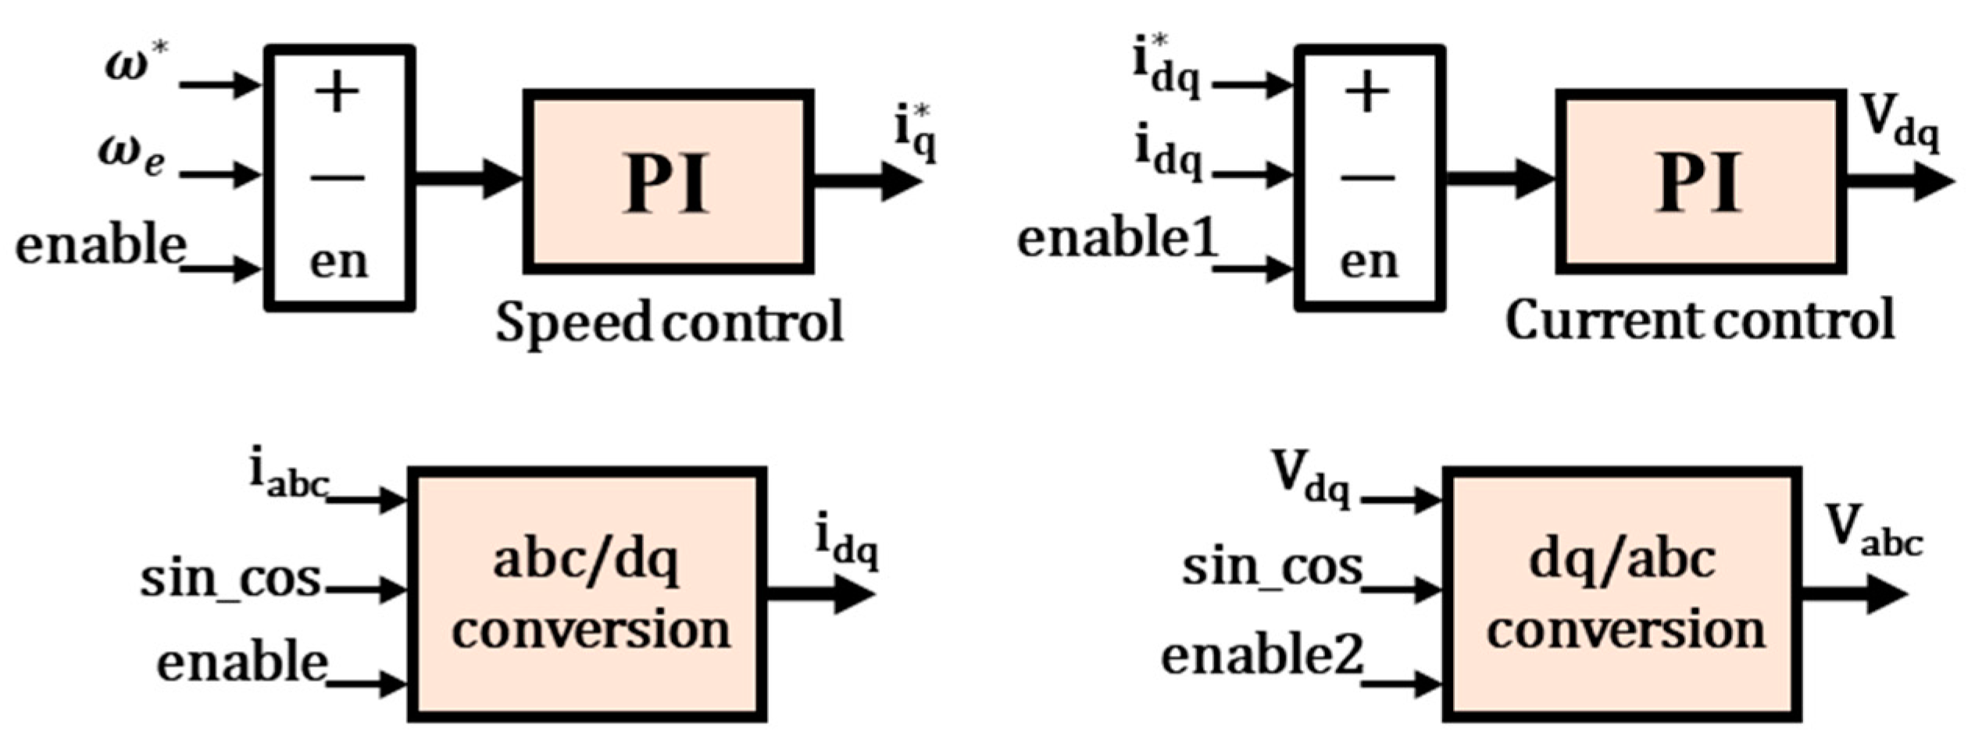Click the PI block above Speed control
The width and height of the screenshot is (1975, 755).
tap(668, 182)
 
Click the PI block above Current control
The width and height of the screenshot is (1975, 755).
tap(1700, 182)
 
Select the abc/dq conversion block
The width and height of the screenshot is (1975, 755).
tap(587, 594)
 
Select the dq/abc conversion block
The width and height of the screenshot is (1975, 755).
tap(1622, 594)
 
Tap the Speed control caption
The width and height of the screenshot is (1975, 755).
tap(670, 322)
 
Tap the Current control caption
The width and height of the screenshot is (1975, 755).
tap(1700, 320)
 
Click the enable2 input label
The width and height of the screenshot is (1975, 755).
tap(1262, 654)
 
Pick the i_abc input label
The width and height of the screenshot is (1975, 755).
tap(287, 474)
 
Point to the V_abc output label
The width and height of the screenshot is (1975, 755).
tap(1872, 532)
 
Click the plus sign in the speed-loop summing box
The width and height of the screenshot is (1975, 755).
tap(337, 93)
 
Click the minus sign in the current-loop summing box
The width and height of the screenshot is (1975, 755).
tap(1367, 179)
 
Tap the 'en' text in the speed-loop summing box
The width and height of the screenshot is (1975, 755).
tap(338, 261)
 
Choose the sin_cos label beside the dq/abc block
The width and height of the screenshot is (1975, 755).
tap(1272, 568)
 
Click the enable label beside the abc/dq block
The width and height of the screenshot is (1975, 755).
tap(242, 662)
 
